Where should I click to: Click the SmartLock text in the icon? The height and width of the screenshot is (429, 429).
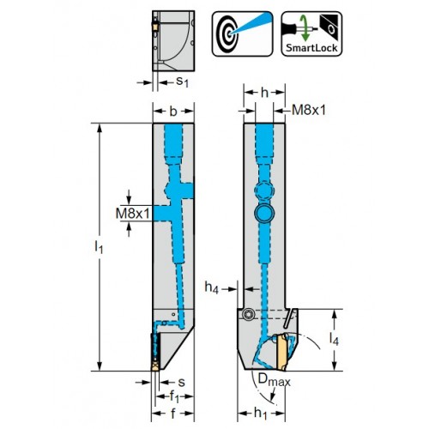(311, 48)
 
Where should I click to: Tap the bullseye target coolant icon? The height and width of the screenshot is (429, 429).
(243, 33)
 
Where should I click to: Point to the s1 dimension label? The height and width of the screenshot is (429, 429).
(182, 82)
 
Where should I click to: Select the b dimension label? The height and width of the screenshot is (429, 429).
(173, 112)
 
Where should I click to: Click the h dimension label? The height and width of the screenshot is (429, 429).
(265, 92)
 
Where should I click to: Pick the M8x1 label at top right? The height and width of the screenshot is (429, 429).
(309, 110)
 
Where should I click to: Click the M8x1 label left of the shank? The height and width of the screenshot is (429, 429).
(133, 213)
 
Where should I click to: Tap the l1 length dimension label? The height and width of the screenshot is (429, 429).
(99, 247)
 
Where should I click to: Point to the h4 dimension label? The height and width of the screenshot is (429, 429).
(212, 287)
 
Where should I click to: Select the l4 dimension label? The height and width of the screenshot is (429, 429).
(334, 340)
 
